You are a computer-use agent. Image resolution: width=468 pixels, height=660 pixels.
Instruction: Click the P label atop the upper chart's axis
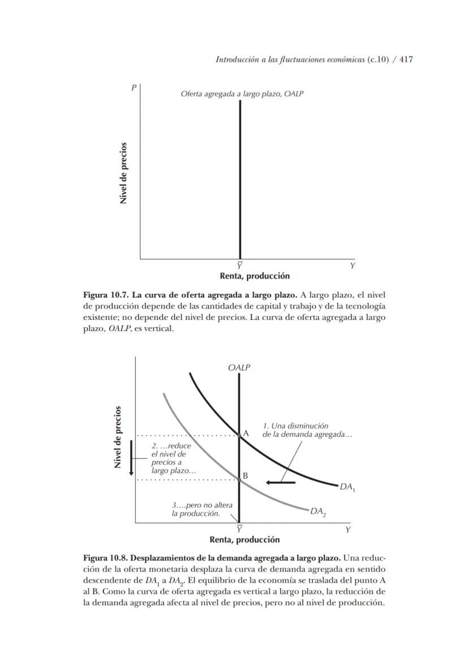coord(134,88)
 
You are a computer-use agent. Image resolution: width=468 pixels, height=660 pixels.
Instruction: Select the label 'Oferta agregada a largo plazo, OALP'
coord(242,94)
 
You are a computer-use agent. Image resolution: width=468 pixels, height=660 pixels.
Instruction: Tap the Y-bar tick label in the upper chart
coord(240,266)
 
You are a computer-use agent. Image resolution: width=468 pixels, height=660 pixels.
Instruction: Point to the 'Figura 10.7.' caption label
coord(106,295)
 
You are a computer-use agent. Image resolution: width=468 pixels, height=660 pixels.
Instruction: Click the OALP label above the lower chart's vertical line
coord(239,367)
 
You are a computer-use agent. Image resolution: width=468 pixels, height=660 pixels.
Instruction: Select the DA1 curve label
coord(347,487)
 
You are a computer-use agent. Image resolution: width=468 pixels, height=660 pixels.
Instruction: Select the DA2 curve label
coord(318,512)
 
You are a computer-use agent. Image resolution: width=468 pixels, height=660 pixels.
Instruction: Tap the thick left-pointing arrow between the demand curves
coord(281,482)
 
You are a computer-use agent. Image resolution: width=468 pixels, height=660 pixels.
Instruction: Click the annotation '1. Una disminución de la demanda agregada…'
coord(307,429)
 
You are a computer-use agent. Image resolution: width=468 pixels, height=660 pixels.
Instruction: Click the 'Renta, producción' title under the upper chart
coord(254,276)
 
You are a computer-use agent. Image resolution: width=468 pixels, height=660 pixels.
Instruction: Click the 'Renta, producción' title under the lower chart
coord(245,540)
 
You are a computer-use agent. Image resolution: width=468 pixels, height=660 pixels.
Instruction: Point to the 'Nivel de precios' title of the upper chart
coord(123,173)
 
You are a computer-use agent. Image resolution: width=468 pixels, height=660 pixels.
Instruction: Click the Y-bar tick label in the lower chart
coord(240,529)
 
